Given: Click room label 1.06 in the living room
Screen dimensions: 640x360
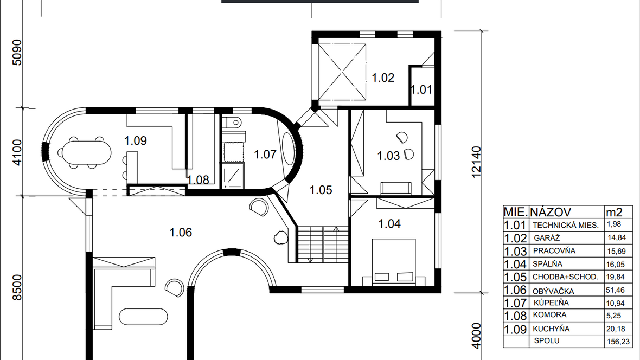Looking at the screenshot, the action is tap(181, 232).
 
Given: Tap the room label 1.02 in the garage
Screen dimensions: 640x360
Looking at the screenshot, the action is tap(383, 78).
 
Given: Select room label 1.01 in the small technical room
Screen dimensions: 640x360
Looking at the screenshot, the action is tap(421, 90).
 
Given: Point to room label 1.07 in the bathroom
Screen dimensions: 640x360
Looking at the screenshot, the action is tap(265, 155).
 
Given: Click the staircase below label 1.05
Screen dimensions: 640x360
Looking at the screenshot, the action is tap(323, 244).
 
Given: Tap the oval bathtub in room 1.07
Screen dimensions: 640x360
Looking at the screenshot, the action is tap(288, 148).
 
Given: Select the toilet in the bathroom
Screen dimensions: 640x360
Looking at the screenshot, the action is tap(233, 121).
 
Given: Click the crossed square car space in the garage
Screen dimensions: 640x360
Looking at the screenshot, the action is tap(342, 72).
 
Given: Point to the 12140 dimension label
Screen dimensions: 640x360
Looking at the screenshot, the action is tap(476, 162).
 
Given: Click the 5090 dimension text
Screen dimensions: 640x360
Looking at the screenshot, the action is tap(17, 52).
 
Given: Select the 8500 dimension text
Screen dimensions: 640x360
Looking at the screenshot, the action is tap(17, 288).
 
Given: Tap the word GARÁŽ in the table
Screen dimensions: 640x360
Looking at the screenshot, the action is tap(547, 238).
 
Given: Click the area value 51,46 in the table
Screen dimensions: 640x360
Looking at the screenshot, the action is tap(616, 290).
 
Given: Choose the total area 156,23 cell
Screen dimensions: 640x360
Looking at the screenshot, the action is tap(618, 342).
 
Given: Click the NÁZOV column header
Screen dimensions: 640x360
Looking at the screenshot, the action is tap(551, 212).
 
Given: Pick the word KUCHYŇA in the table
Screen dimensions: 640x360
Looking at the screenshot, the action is tap(551, 329).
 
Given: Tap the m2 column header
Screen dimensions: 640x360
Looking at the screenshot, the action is tap(614, 212).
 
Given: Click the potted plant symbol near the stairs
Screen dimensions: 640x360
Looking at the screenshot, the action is tap(280, 237).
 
